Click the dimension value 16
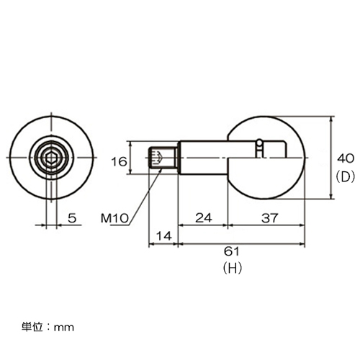pyautogui.click(x=119, y=162)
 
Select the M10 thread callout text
pyautogui.click(x=114, y=218)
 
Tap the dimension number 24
pyautogui.click(x=204, y=217)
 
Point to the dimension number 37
pyautogui.click(x=269, y=218)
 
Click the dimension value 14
pyautogui.click(x=164, y=236)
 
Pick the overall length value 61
pyautogui.click(x=232, y=251)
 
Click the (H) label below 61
pyautogui.click(x=232, y=268)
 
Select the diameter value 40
pyautogui.click(x=346, y=158)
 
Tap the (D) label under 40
pyautogui.click(x=346, y=177)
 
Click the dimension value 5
pyautogui.click(x=72, y=218)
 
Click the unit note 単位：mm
pyautogui.click(x=48, y=327)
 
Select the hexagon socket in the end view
pyautogui.click(x=51, y=158)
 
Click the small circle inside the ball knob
pyautogui.click(x=259, y=142)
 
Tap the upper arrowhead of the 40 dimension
pyautogui.click(x=332, y=120)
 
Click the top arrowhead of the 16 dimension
pyautogui.click(x=130, y=144)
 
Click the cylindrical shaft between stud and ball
pyautogui.click(x=204, y=158)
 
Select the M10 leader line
pyautogui.click(x=144, y=197)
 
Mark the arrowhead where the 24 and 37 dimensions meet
pyautogui.click(x=228, y=225)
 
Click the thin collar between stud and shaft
pyautogui.click(x=177, y=158)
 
